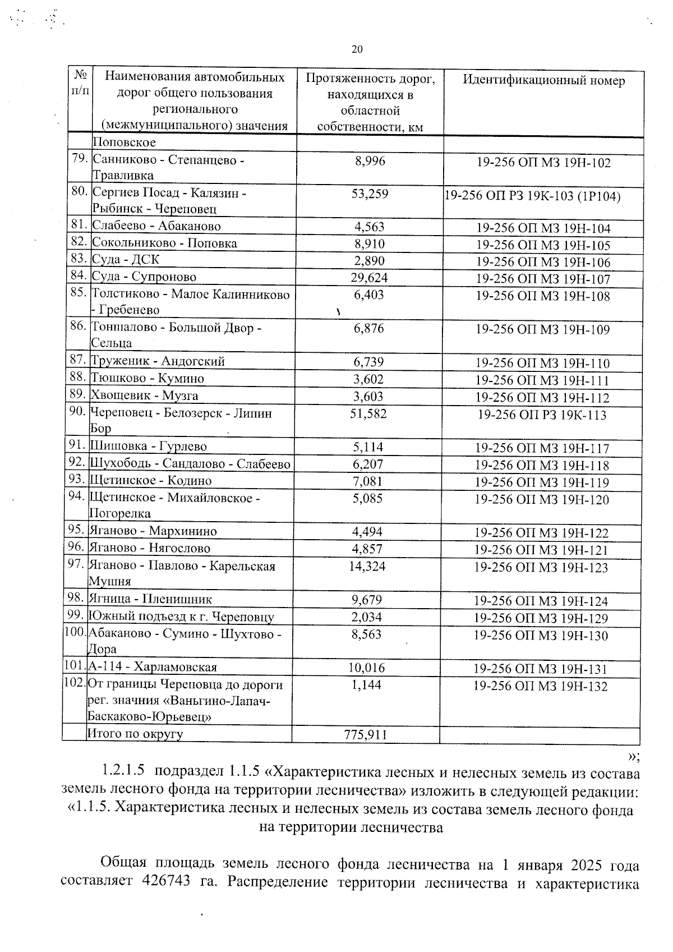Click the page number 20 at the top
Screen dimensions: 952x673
[x=357, y=49]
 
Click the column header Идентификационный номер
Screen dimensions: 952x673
[x=543, y=80]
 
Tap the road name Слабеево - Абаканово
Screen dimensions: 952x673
[x=156, y=226]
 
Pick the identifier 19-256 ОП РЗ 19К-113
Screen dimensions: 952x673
[x=542, y=415]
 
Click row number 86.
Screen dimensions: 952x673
[x=79, y=326]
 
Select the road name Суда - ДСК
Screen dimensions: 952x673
[x=126, y=260]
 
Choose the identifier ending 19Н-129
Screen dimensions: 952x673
[x=541, y=618]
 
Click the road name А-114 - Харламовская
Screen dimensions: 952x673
[x=153, y=668]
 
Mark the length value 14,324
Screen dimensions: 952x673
[x=367, y=567]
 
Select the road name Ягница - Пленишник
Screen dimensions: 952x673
[x=150, y=600]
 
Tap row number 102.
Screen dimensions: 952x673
[x=74, y=684]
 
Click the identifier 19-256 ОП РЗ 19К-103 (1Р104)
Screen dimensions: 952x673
[x=532, y=196]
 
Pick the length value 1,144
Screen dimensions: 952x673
[x=366, y=685]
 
